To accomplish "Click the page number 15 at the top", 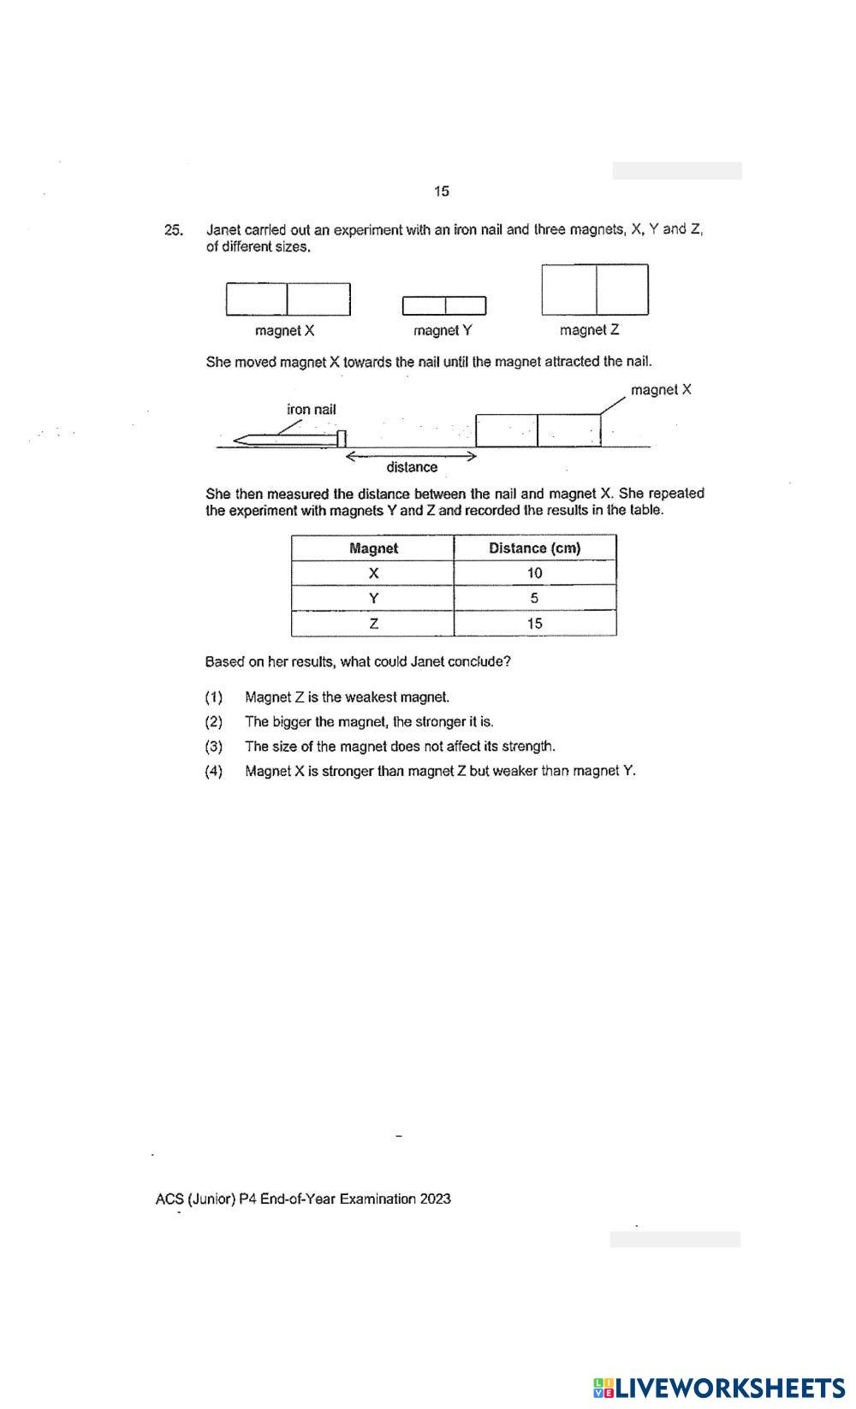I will pos(442,191).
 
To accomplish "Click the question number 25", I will pos(173,230).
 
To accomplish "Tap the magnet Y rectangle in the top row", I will pos(444,305).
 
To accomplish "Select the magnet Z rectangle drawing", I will pos(595,289).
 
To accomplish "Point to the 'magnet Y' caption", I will pos(443,330).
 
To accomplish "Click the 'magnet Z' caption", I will pos(589,330).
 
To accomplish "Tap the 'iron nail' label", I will pos(312,410).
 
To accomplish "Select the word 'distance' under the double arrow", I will pos(412,467).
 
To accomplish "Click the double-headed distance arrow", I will pos(410,456).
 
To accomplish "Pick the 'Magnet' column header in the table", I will pos(373,548).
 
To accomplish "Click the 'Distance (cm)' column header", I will pos(534,548).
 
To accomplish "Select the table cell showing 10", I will pos(534,573).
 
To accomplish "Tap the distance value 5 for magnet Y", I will pos(534,598).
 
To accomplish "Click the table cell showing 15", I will pos(534,623).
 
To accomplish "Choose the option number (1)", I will pos(214,697).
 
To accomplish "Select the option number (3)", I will pos(214,747).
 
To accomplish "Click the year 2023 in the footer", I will pos(435,1199).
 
